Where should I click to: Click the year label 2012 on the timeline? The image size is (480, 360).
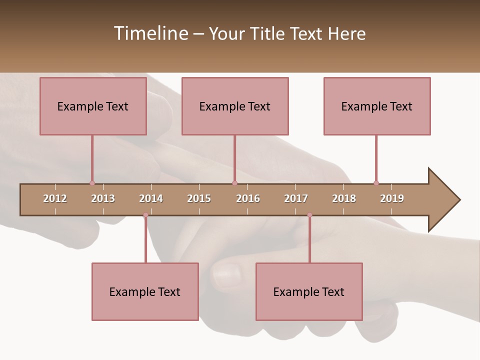click(55, 198)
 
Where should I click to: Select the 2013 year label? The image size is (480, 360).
click(103, 198)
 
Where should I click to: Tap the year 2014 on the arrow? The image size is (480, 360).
click(151, 198)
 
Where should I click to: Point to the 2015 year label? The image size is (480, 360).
click(199, 198)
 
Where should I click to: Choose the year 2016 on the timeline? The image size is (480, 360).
click(248, 198)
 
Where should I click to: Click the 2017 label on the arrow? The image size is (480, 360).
click(296, 198)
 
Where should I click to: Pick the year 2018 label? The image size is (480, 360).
click(344, 198)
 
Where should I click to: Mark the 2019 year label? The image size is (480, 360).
click(392, 198)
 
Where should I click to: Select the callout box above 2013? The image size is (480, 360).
click(93, 106)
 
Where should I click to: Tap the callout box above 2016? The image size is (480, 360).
click(235, 106)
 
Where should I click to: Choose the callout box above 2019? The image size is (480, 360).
click(377, 106)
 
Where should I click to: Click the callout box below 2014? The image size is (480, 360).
click(145, 291)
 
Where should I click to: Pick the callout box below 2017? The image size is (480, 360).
click(309, 291)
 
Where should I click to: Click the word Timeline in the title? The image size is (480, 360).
click(150, 33)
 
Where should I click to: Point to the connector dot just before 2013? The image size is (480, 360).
click(92, 183)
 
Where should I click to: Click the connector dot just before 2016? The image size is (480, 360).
click(234, 183)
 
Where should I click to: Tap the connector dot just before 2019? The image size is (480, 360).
click(376, 183)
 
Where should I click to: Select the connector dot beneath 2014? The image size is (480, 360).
click(145, 215)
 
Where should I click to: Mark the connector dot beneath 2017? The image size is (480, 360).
click(309, 215)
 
